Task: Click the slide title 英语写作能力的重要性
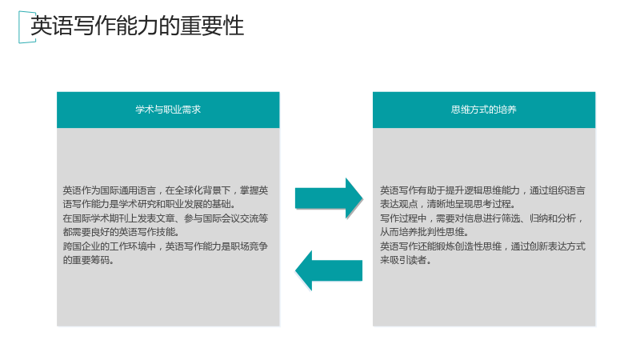coord(137,26)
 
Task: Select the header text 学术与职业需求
coord(168,110)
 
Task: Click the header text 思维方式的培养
coord(484,110)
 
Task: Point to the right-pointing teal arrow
coord(329,198)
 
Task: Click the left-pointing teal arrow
coord(329,270)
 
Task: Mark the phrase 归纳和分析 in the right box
coord(553,218)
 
